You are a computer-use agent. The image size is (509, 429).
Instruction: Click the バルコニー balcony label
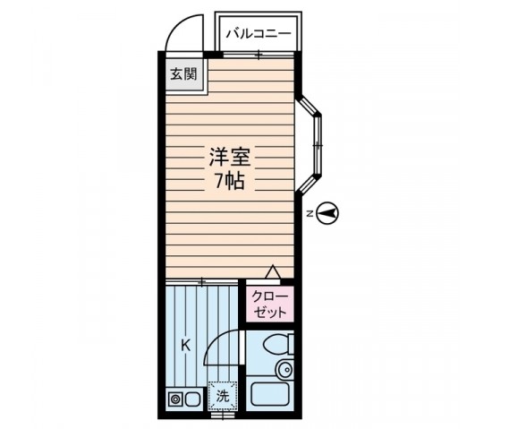tap(257, 33)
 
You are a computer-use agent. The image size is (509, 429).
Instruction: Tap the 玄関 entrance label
tap(183, 75)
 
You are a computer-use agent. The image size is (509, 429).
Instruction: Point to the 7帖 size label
tap(229, 181)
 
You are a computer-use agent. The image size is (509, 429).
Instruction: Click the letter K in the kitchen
tap(185, 345)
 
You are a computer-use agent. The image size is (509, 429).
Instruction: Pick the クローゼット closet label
tap(268, 305)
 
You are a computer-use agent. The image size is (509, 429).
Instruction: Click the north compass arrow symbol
tap(329, 213)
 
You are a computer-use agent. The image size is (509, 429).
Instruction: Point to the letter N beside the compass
tap(308, 213)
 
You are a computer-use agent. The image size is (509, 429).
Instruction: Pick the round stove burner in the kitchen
tap(175, 399)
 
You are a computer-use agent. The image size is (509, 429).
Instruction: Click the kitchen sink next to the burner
tap(193, 399)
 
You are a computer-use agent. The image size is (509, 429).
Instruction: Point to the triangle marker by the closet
tap(274, 272)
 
